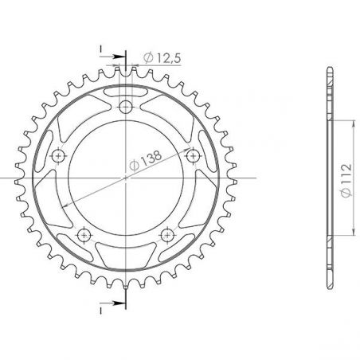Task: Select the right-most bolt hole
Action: (x=193, y=156)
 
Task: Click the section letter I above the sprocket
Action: (x=102, y=49)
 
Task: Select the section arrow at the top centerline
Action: (x=119, y=57)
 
